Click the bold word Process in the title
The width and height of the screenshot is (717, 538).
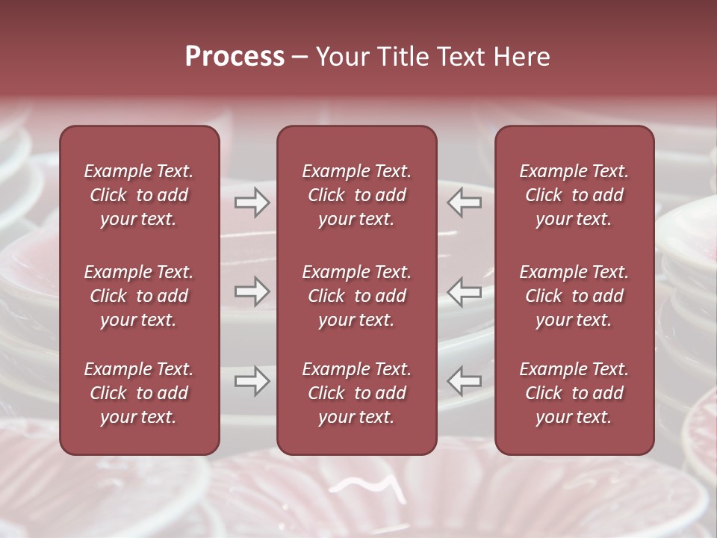(235, 57)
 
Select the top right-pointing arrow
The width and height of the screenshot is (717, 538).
(252, 202)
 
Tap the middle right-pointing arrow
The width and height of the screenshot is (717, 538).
(252, 291)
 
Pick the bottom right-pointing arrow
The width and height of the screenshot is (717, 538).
(252, 381)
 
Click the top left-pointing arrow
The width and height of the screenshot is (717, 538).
(464, 202)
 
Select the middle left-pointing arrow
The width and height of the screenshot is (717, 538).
(464, 291)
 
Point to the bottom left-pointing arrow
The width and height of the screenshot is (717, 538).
(464, 381)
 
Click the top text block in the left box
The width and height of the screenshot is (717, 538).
(139, 195)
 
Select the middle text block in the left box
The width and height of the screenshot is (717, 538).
(139, 296)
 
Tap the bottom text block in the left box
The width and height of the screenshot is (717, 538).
(139, 393)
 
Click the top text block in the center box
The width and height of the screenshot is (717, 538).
(356, 195)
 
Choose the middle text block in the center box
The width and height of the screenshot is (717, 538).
(356, 296)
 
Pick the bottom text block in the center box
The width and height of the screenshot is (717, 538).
(356, 393)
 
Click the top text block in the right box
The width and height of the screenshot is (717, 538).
(574, 195)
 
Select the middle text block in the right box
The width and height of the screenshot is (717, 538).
(574, 296)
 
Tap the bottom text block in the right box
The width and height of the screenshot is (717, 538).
(574, 393)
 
